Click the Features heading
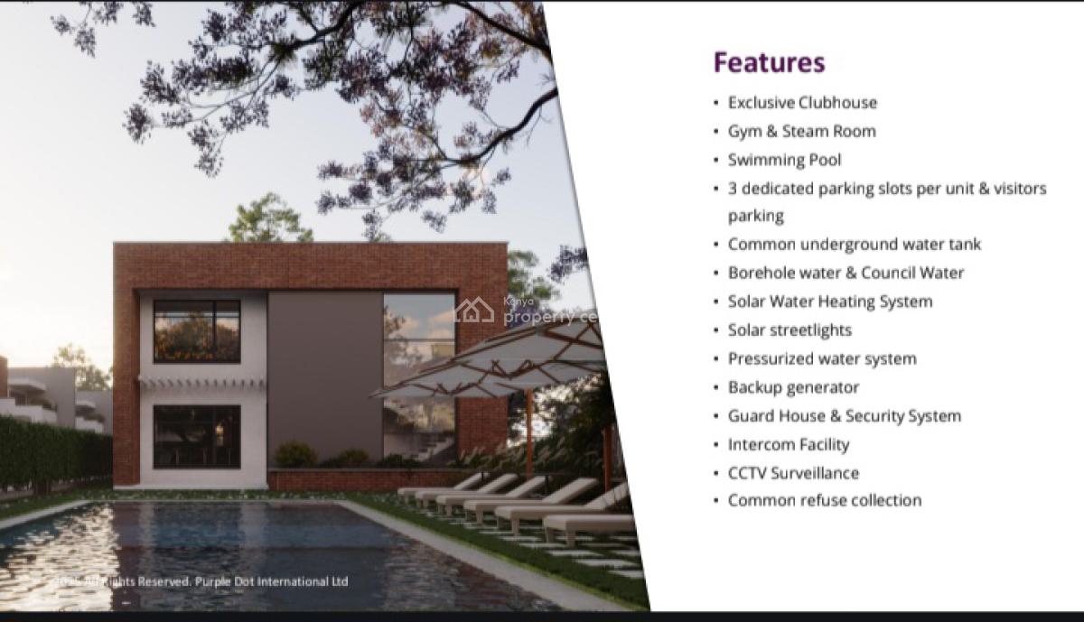(769, 62)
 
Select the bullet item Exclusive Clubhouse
(802, 103)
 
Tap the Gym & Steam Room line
(801, 132)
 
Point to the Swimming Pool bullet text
(784, 160)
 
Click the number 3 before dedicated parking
(734, 189)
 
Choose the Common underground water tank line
(854, 245)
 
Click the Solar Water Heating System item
(829, 302)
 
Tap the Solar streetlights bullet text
(790, 330)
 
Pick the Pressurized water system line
(822, 358)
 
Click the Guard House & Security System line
(844, 416)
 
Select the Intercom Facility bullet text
(789, 444)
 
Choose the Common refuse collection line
(824, 500)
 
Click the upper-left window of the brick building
(197, 330)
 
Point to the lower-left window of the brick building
(197, 435)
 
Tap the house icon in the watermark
(473, 311)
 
